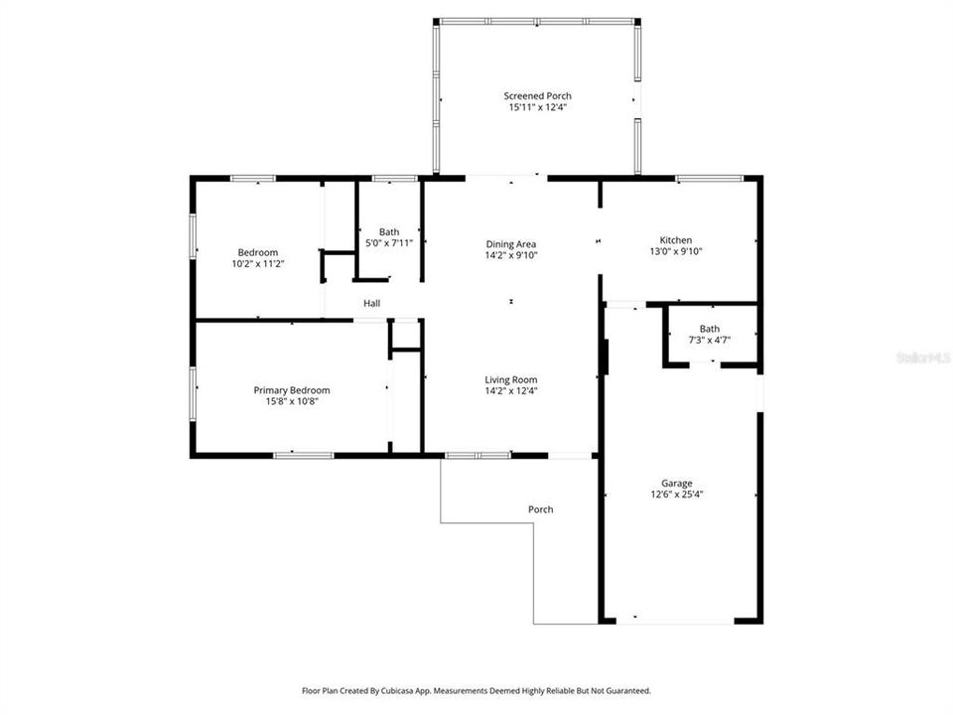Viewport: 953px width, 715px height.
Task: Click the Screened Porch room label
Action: coord(537,96)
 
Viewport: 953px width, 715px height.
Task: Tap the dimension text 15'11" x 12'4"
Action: coord(537,107)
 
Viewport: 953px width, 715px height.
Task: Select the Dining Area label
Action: coord(511,244)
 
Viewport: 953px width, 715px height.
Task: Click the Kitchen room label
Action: coord(676,240)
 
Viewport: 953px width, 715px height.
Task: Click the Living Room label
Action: coord(511,379)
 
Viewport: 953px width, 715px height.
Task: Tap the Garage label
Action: coord(678,484)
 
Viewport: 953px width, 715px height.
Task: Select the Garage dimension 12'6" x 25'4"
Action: coord(678,495)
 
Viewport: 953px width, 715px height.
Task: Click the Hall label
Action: coord(371,304)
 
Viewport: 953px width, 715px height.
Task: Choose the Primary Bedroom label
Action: coord(292,390)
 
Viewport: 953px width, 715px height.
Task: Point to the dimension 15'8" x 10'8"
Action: coord(292,401)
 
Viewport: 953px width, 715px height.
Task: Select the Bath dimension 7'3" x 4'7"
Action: coord(709,340)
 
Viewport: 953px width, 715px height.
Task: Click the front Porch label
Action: coord(541,509)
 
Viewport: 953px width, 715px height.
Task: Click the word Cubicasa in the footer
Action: coord(409,690)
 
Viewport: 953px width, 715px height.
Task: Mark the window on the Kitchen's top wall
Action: coord(709,178)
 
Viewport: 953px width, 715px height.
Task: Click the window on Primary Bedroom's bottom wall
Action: coord(304,455)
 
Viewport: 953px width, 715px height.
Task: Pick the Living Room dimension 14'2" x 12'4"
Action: coord(511,390)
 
